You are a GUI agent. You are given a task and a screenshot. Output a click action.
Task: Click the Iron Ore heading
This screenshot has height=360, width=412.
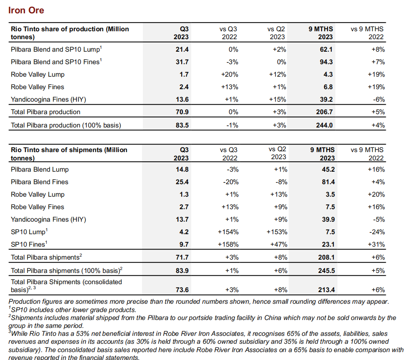[26, 10]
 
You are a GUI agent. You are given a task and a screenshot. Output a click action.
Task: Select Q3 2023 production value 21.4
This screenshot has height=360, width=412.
[182, 50]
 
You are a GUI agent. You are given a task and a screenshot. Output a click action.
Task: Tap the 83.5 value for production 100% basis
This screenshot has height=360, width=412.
[182, 125]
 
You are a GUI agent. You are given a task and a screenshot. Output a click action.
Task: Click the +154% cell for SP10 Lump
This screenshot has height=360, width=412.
[228, 232]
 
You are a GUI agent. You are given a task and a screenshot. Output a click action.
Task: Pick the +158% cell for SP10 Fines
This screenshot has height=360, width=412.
[228, 245]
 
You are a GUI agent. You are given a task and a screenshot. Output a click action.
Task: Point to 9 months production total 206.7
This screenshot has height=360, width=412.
[324, 112]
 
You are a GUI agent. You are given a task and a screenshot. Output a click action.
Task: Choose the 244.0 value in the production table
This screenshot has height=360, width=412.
[324, 125]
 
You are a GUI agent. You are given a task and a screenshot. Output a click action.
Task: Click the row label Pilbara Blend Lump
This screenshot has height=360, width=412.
[40, 170]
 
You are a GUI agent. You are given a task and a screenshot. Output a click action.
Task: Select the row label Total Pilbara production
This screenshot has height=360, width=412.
[45, 112]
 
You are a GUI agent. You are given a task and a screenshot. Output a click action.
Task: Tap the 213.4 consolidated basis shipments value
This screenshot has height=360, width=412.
[326, 290]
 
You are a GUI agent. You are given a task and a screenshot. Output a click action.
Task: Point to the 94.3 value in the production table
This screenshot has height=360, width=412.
[326, 62]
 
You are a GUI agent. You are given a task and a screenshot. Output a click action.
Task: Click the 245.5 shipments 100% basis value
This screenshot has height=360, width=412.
[326, 271]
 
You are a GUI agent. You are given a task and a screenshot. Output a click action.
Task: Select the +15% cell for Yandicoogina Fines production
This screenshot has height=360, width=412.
[277, 99]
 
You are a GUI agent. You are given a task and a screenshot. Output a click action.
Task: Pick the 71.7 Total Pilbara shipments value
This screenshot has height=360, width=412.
[182, 257]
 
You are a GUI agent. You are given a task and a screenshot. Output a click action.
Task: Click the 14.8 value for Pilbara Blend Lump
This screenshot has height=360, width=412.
[182, 170]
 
